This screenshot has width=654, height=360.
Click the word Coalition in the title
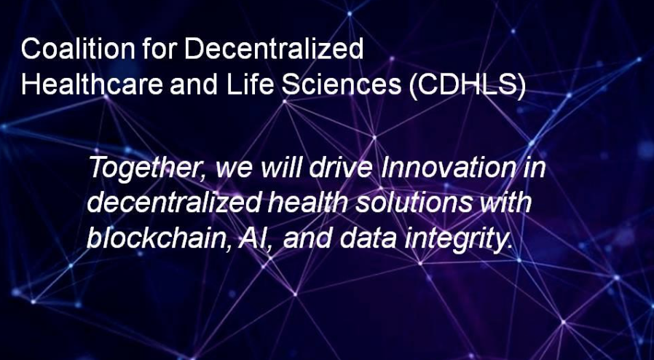pos(78,48)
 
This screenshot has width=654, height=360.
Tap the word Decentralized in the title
pos(273,48)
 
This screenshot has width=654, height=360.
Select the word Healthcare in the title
pos(92,85)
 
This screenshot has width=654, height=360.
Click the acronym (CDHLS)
pos(467,85)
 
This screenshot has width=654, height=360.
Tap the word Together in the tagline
pos(146,168)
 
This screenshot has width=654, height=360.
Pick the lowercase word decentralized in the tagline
pos(174,203)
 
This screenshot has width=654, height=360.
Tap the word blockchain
pos(159,238)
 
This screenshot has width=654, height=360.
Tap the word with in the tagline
pos(505,203)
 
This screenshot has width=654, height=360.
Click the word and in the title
pos(194,85)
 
